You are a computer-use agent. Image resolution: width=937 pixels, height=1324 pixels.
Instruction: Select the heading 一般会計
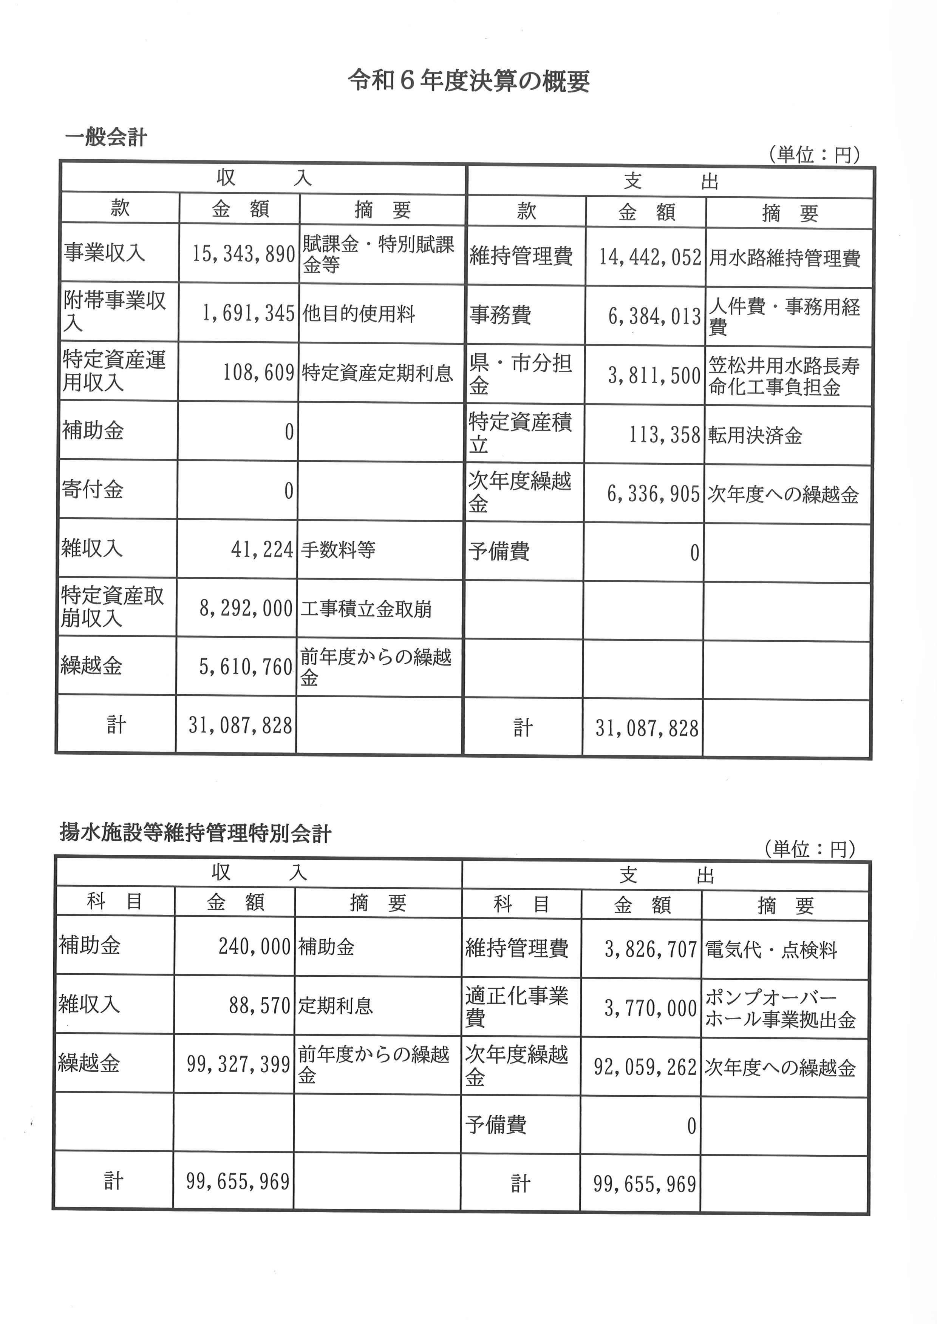[x=106, y=138]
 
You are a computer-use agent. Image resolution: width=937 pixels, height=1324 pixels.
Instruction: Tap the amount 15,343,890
[x=243, y=254]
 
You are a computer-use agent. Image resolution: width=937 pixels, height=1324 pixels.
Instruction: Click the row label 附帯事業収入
[x=114, y=311]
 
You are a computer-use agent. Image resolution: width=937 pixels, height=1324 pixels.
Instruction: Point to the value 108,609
[x=258, y=373]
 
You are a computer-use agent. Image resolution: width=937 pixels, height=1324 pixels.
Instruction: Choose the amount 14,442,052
[x=650, y=257]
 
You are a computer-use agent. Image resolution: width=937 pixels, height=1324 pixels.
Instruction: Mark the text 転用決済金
[x=755, y=435]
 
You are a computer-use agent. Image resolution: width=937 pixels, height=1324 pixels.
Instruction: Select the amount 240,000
[x=254, y=946]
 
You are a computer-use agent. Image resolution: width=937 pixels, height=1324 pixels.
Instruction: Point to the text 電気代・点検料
[x=771, y=950]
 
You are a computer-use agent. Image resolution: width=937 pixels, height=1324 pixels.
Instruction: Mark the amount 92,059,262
[x=645, y=1067]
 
